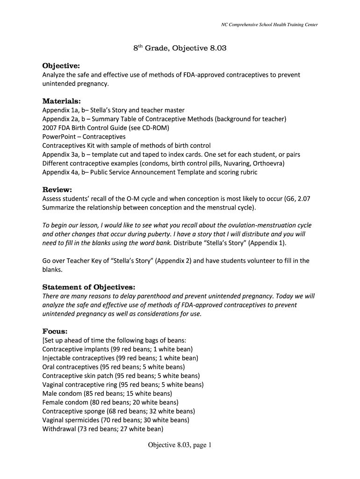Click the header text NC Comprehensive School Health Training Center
(269, 25)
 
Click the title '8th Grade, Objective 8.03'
(180, 48)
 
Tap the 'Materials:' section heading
(62, 101)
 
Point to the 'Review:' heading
(57, 189)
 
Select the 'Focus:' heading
(55, 331)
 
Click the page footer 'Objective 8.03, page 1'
(180, 445)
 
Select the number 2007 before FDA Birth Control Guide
(50, 128)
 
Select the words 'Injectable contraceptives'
(78, 358)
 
